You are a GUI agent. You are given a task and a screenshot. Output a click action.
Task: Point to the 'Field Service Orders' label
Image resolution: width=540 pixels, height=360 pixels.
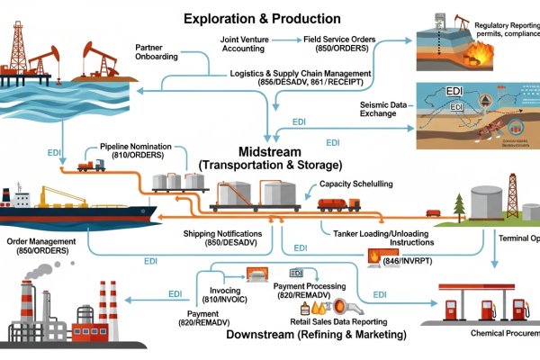[x=348, y=40]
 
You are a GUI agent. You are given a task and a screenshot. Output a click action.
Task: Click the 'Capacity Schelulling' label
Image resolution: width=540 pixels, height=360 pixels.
[x=354, y=184]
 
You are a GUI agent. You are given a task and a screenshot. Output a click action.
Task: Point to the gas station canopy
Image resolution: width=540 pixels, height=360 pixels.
[x=476, y=288]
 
